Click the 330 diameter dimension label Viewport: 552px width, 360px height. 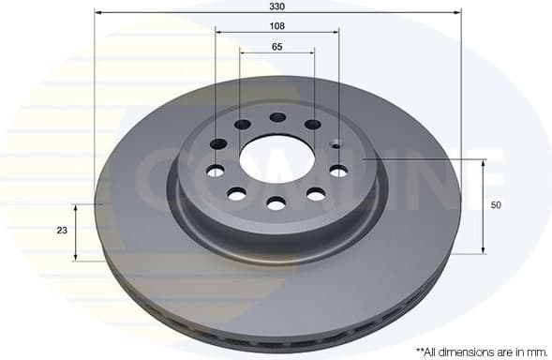pos(277,6)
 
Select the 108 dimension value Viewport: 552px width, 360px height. pos(277,25)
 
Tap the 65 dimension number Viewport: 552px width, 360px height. pos(277,46)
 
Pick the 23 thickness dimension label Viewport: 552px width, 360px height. pos(63,230)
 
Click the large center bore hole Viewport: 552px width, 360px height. pos(276,160)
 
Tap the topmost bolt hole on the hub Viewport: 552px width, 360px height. pos(277,118)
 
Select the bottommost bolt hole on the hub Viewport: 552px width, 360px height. pos(276,202)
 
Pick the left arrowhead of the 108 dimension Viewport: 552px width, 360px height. pos(219,32)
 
